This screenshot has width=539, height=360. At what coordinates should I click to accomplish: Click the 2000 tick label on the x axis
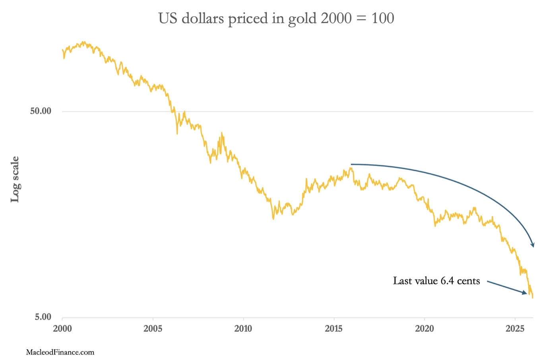pyautogui.click(x=62, y=329)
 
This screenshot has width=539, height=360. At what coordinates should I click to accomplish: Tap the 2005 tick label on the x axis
pyautogui.click(x=153, y=329)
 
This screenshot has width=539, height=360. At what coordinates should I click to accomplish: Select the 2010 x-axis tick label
pyautogui.click(x=243, y=329)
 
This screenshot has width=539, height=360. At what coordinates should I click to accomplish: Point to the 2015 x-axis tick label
pyautogui.click(x=334, y=329)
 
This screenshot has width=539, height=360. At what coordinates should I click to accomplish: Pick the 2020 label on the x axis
pyautogui.click(x=425, y=329)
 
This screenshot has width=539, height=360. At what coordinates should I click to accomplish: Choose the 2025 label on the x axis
pyautogui.click(x=515, y=329)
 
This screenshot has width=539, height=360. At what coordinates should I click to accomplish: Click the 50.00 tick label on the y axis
pyautogui.click(x=41, y=111)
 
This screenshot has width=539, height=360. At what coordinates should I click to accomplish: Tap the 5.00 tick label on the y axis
pyautogui.click(x=43, y=317)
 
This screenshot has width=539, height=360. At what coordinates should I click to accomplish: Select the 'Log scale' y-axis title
pyautogui.click(x=15, y=179)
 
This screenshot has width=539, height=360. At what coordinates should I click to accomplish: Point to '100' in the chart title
pyautogui.click(x=383, y=18)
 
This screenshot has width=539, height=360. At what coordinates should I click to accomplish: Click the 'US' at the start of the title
pyautogui.click(x=168, y=18)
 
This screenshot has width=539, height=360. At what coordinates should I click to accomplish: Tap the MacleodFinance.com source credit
pyautogui.click(x=60, y=352)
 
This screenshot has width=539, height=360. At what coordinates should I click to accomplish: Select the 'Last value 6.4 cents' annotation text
pyautogui.click(x=436, y=281)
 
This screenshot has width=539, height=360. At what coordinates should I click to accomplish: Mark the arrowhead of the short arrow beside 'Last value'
pyautogui.click(x=525, y=293)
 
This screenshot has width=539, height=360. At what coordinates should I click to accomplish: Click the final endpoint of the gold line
pyautogui.click(x=532, y=297)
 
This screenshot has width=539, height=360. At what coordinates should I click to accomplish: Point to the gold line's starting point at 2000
pyautogui.click(x=62, y=50)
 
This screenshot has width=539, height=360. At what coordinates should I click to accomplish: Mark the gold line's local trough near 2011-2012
pyautogui.click(x=273, y=218)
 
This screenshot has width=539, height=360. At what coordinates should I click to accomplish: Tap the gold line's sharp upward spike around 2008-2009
pyautogui.click(x=221, y=133)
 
